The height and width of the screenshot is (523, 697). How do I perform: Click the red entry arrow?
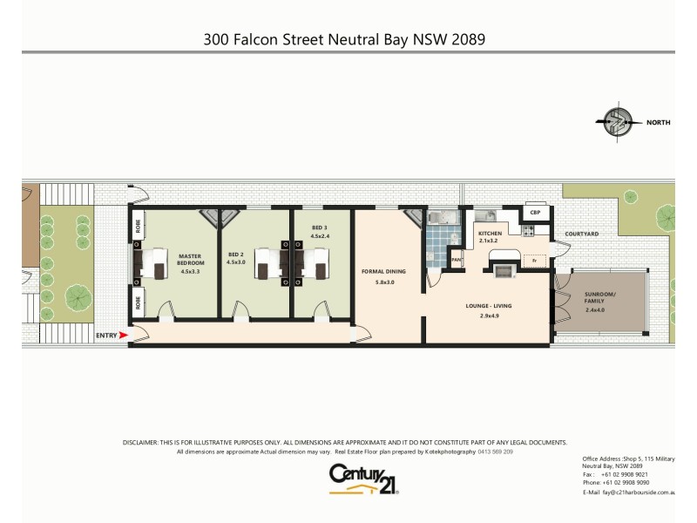pyautogui.click(x=123, y=335)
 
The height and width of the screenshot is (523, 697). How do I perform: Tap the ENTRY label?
pyautogui.click(x=105, y=335)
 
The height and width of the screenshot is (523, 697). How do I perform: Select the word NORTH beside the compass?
pyautogui.click(x=658, y=123)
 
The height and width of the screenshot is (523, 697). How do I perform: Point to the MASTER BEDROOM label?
pyautogui.click(x=191, y=262)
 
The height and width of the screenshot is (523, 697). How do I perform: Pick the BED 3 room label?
pyautogui.click(x=321, y=231)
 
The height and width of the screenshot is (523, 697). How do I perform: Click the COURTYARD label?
pyautogui.click(x=581, y=234)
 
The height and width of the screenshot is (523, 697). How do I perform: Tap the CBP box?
pyautogui.click(x=534, y=213)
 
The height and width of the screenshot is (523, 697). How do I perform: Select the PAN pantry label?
pyautogui.click(x=456, y=259)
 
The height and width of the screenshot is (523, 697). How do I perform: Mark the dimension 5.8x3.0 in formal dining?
pyautogui.click(x=384, y=282)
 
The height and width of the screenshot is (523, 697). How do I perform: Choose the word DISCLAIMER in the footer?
pyautogui.click(x=141, y=443)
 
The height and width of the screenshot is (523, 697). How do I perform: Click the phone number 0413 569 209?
pyautogui.click(x=495, y=452)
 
